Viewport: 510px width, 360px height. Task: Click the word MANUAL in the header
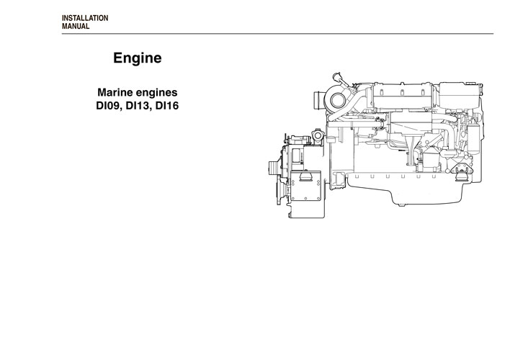tap(76, 26)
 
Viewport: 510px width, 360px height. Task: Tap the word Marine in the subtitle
tap(115, 93)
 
